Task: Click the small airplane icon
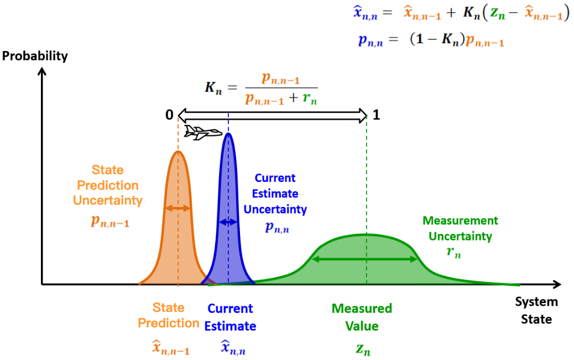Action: [x=203, y=133]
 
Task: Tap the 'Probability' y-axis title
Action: [x=35, y=56]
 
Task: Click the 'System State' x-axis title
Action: [x=536, y=310]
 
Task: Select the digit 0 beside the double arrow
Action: [x=169, y=115]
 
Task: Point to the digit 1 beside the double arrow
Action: [x=376, y=115]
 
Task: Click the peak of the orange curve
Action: [x=178, y=152]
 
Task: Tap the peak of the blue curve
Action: [x=228, y=134]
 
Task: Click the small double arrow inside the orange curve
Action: [x=178, y=208]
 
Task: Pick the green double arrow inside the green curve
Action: [x=366, y=259]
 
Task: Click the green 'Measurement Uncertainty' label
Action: [x=460, y=228]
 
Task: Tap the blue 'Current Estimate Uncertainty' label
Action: [x=275, y=194]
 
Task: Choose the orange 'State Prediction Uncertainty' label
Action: [x=108, y=185]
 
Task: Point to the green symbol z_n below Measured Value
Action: [x=362, y=348]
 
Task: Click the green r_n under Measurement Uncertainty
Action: [x=453, y=252]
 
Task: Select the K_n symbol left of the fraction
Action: [x=213, y=88]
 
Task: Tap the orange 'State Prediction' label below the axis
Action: [x=169, y=315]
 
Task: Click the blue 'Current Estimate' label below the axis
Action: [x=230, y=317]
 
